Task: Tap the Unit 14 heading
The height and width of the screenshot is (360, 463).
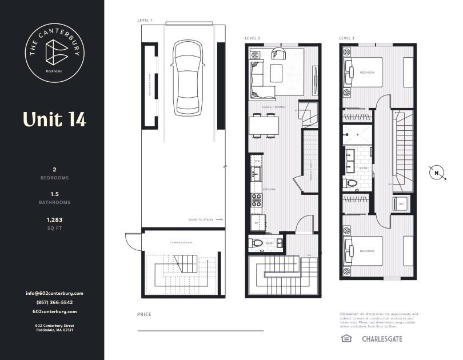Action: tap(54, 119)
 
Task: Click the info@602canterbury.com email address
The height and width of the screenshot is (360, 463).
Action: tap(54, 293)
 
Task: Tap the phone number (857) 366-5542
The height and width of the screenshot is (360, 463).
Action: tap(54, 302)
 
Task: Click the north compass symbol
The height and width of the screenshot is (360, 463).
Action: tap(436, 173)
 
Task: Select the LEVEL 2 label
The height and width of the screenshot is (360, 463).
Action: tap(253, 38)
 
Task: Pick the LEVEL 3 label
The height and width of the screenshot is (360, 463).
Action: tap(346, 38)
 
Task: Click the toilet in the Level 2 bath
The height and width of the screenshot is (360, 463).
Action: tap(258, 243)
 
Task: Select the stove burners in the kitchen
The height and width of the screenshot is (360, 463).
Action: tap(257, 200)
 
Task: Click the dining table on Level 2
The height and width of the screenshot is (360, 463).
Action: tap(264, 125)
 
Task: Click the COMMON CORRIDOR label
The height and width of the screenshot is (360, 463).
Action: tap(181, 243)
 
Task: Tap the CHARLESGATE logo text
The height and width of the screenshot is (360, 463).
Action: tap(382, 339)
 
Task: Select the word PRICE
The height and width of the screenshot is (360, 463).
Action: tap(143, 315)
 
